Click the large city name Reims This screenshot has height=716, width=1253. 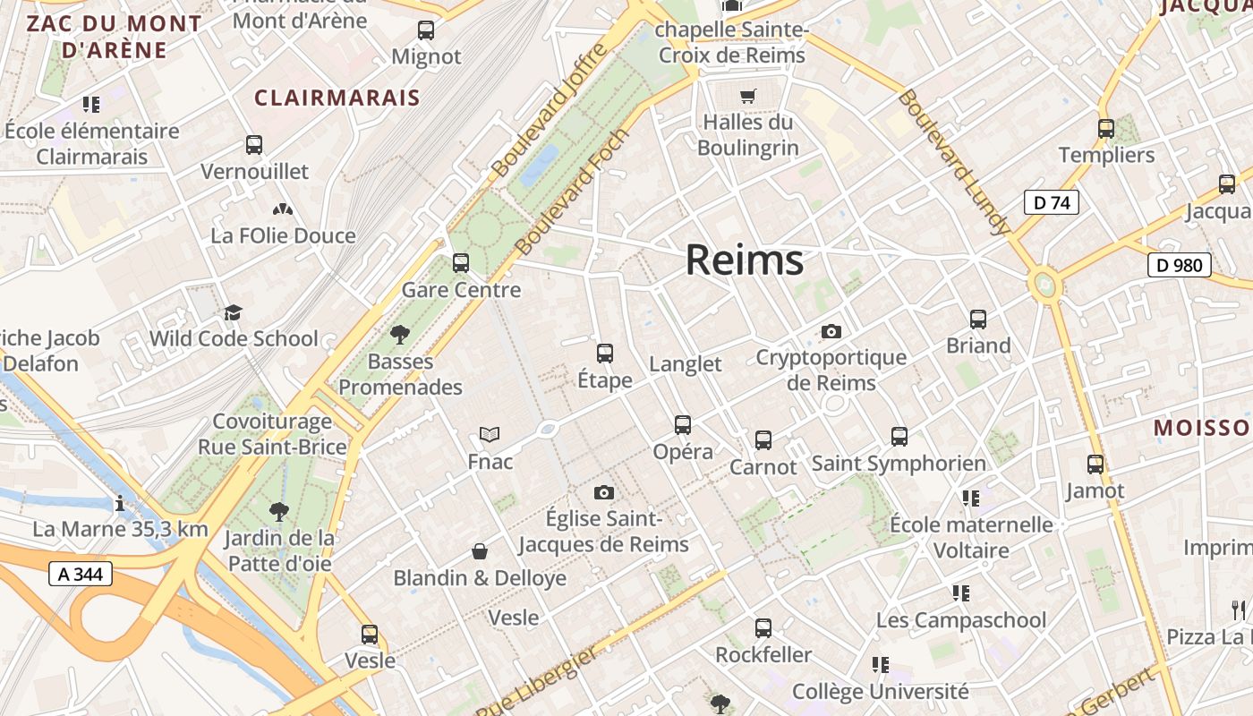(x=744, y=260)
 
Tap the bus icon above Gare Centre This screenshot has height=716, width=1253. (x=461, y=263)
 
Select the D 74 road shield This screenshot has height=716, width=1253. (x=1051, y=202)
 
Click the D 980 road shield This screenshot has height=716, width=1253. (x=1179, y=265)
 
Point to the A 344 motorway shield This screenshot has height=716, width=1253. (x=81, y=574)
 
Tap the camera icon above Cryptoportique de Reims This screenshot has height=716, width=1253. (x=831, y=332)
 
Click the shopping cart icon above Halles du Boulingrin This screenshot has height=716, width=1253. (x=747, y=96)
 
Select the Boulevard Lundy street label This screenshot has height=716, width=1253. (x=955, y=162)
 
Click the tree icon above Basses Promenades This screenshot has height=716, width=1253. (x=400, y=335)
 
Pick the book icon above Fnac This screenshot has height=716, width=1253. (x=490, y=435)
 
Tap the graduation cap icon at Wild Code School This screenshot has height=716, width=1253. (x=234, y=312)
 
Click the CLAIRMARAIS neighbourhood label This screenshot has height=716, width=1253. (x=337, y=98)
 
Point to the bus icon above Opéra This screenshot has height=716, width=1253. (x=683, y=424)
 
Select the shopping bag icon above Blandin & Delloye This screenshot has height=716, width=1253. (x=480, y=551)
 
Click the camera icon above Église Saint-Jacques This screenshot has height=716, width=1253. (x=604, y=492)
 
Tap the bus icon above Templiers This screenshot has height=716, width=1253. (x=1106, y=128)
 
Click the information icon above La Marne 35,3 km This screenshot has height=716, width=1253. (x=120, y=502)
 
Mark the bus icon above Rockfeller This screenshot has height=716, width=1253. (x=763, y=628)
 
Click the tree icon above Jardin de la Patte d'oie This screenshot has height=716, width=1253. (x=279, y=512)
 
